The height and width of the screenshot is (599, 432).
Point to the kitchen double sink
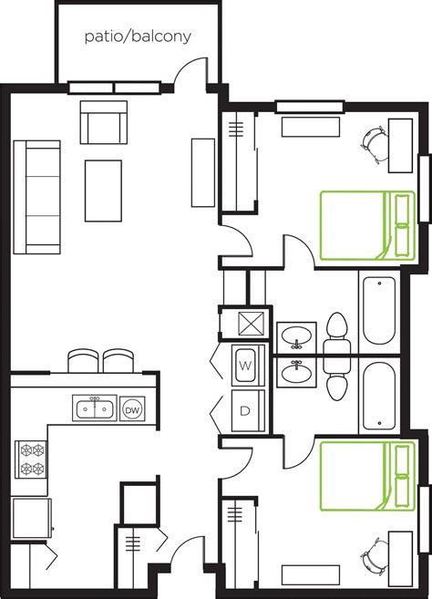click(95, 408)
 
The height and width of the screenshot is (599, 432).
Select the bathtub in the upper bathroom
click(377, 310)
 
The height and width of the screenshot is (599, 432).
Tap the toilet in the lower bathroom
click(336, 376)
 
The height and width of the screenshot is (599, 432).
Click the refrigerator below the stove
click(30, 518)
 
